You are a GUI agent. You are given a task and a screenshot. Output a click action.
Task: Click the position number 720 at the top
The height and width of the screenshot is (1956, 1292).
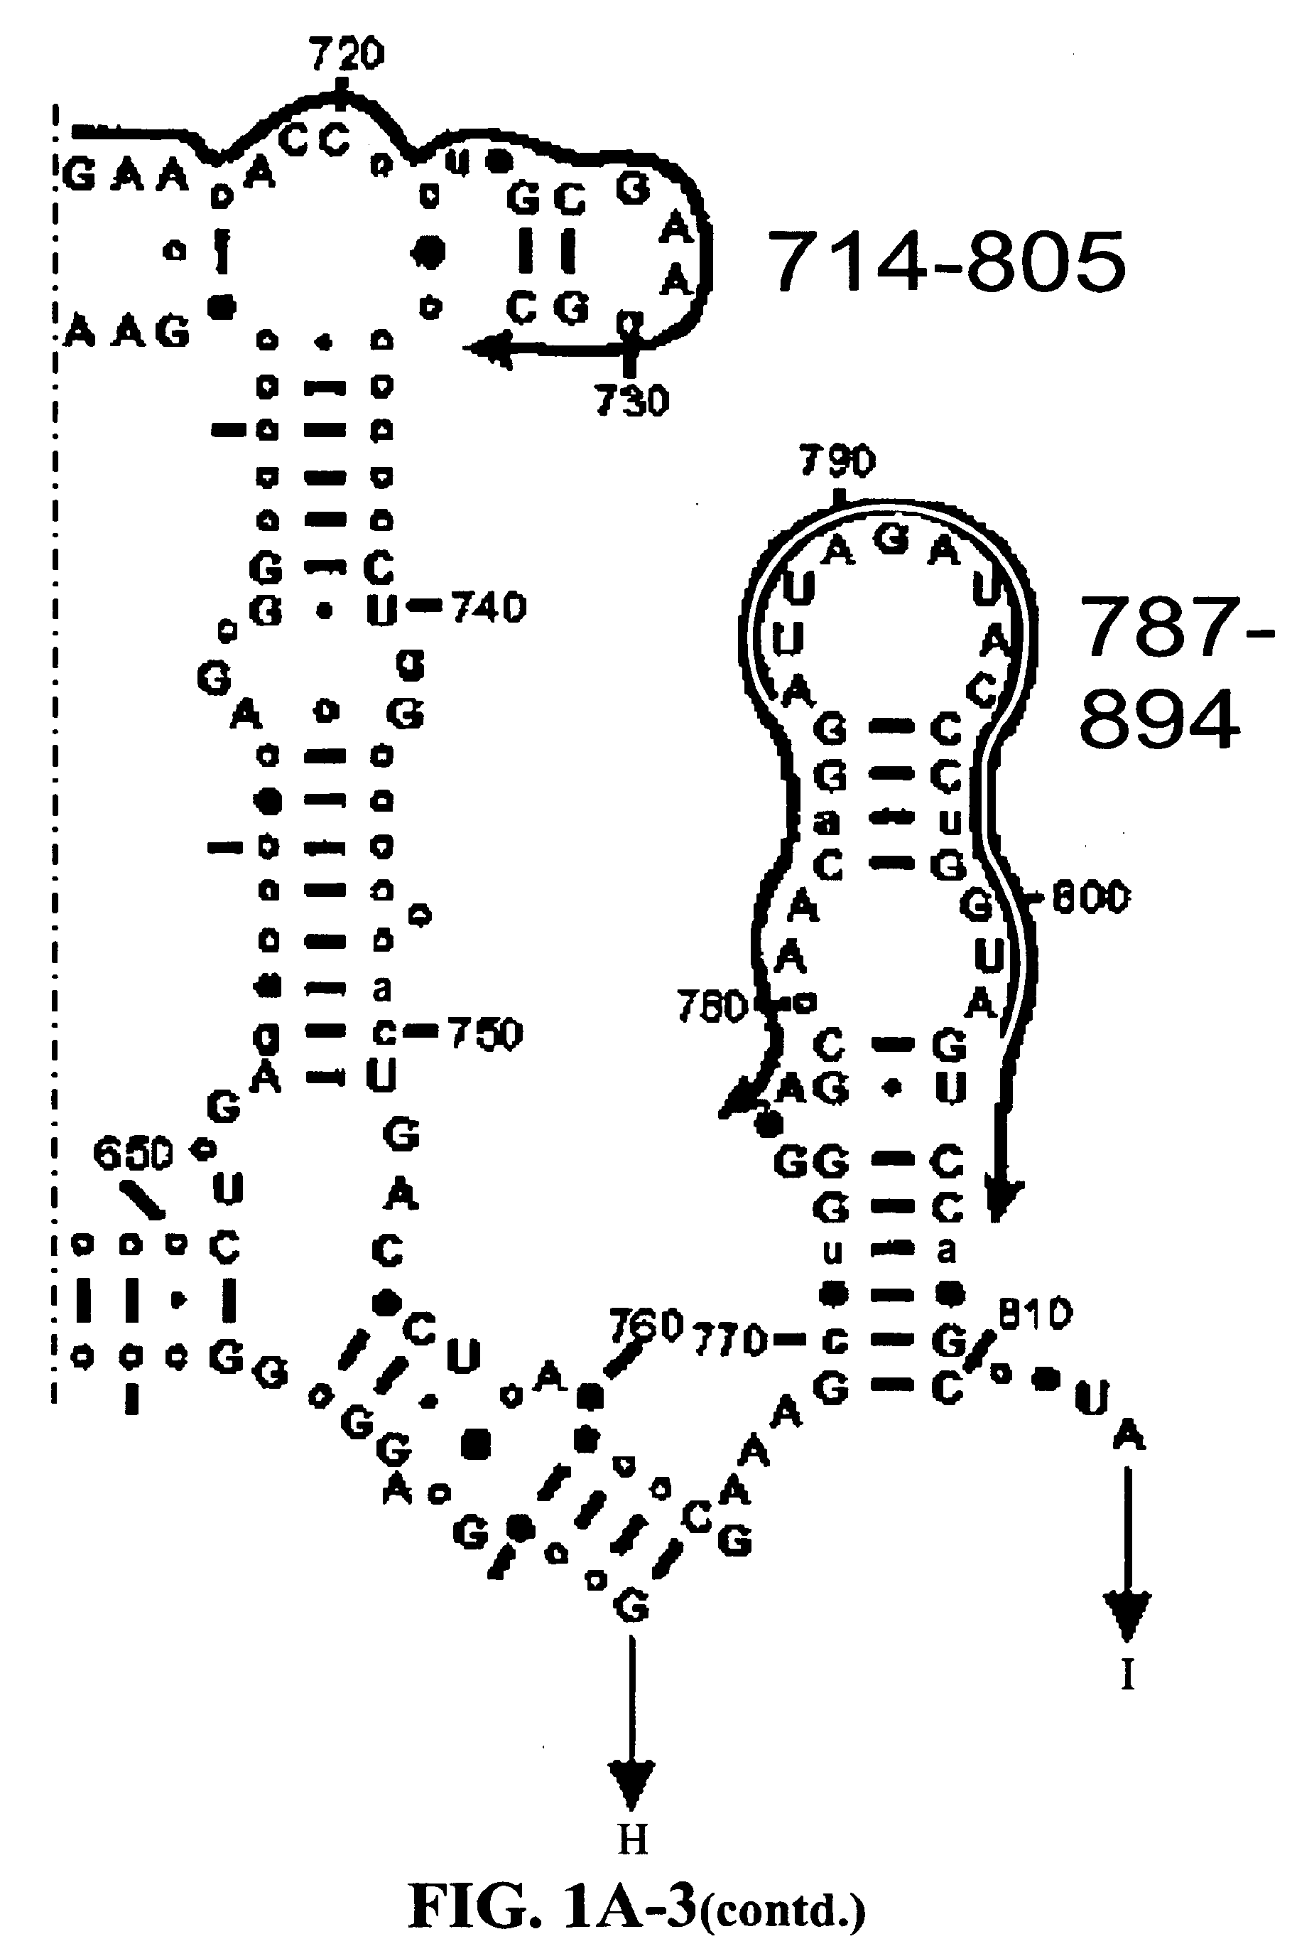(x=347, y=55)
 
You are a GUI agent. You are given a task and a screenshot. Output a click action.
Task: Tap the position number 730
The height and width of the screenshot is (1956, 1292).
(x=632, y=402)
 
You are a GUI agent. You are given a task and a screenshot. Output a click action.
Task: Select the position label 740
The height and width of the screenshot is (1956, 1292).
(x=489, y=608)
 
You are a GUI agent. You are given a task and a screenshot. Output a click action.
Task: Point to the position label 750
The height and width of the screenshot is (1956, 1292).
(x=485, y=1033)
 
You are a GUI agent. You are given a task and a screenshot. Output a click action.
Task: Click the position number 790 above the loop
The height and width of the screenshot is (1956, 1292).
(x=837, y=461)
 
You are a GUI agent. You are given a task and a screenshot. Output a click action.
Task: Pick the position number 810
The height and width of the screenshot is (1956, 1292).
(x=1035, y=1314)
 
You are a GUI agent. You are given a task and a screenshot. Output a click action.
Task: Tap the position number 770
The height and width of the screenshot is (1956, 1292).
(x=731, y=1341)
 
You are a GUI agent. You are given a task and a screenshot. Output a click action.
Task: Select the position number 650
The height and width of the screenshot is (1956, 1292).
(x=133, y=1152)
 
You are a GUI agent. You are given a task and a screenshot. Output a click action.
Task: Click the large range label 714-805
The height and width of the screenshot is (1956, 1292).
(x=947, y=262)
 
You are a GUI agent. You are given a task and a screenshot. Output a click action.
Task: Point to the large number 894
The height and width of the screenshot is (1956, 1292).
(x=1158, y=719)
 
